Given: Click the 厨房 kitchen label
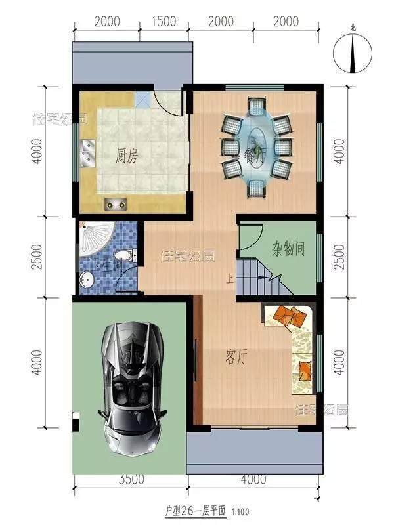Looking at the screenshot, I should (126, 157).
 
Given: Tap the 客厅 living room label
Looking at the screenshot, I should (236, 357).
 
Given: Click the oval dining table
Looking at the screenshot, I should (255, 147).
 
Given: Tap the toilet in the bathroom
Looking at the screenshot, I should (121, 255).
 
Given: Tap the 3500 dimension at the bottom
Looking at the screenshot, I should (132, 480).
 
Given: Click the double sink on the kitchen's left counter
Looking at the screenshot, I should (87, 154).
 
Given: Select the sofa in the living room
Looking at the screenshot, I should (295, 341).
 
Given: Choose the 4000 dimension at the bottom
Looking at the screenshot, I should (253, 480).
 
